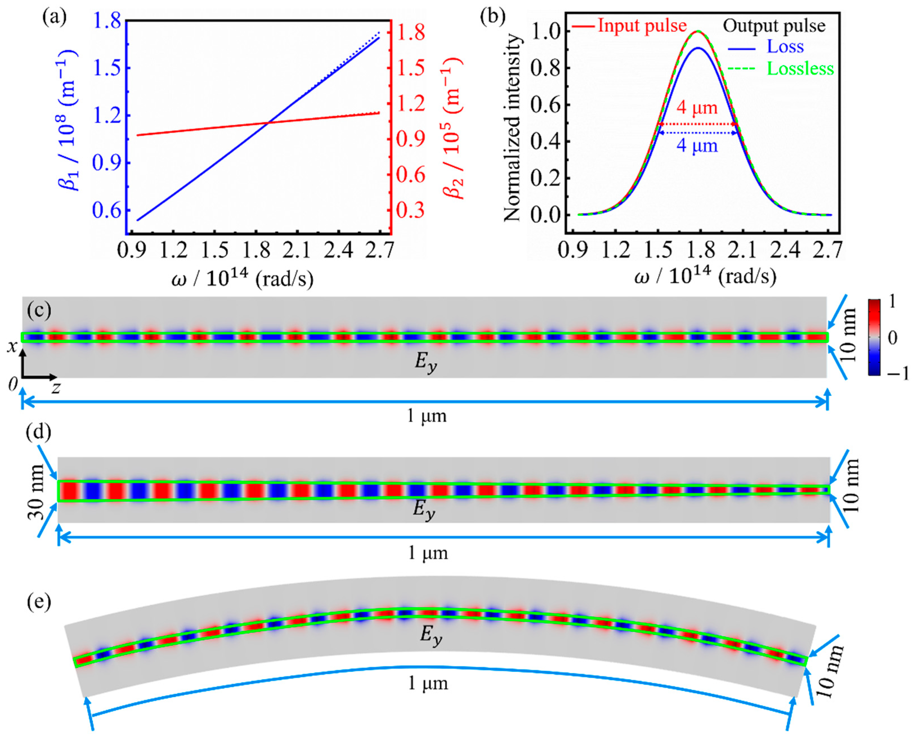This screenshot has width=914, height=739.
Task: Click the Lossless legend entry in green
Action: pyautogui.click(x=800, y=69)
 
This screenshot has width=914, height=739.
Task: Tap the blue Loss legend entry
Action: pyautogui.click(x=785, y=46)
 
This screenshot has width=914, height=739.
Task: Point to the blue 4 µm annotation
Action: pyautogui.click(x=697, y=146)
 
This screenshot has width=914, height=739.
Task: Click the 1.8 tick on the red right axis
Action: pyautogui.click(x=411, y=32)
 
